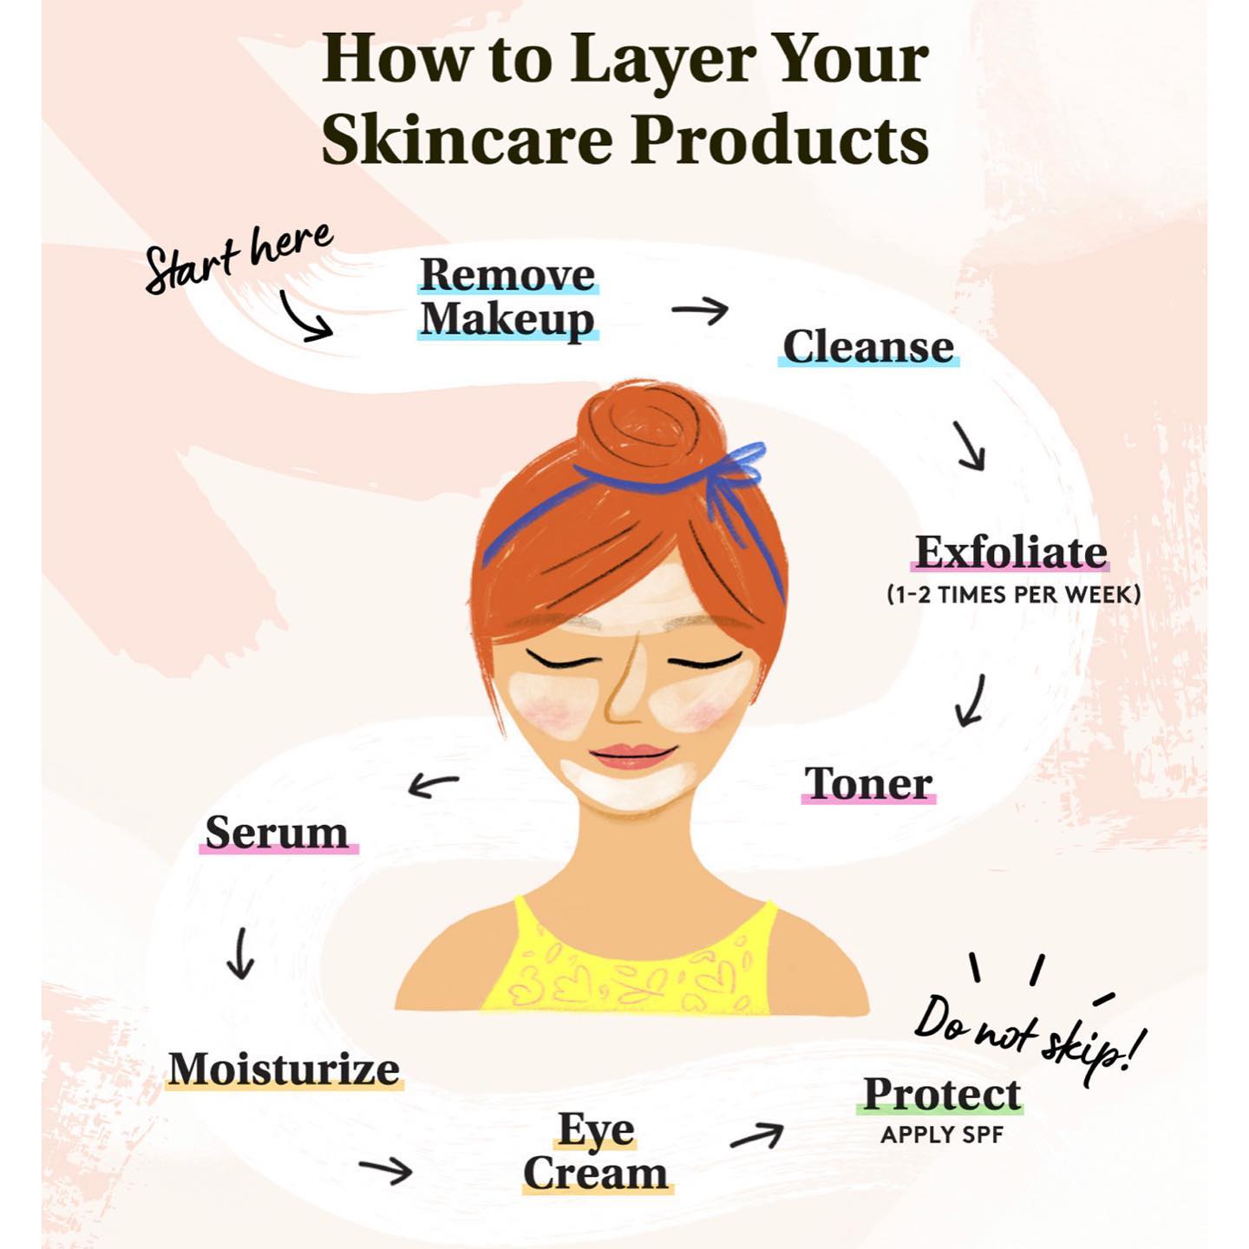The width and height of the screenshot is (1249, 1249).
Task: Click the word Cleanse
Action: pyautogui.click(x=868, y=347)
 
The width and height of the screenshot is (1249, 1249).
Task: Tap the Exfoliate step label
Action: pyautogui.click(x=1011, y=553)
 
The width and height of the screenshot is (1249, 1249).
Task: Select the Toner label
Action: pyautogui.click(x=868, y=783)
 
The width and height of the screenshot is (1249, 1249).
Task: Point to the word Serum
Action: pyautogui.click(x=277, y=833)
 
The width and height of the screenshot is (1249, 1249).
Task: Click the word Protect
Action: pyautogui.click(x=943, y=1094)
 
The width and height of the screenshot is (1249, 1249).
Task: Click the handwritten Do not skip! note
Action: pyautogui.click(x=1028, y=1044)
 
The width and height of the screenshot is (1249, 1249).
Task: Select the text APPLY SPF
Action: pyautogui.click(x=942, y=1135)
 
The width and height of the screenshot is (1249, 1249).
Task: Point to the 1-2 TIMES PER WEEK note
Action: pyautogui.click(x=1013, y=594)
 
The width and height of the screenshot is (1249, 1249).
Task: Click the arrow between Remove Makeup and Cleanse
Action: pyautogui.click(x=700, y=311)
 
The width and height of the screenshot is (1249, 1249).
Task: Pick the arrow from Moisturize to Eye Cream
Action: pyautogui.click(x=386, y=1170)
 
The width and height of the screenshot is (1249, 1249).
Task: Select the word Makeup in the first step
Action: pyautogui.click(x=507, y=320)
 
